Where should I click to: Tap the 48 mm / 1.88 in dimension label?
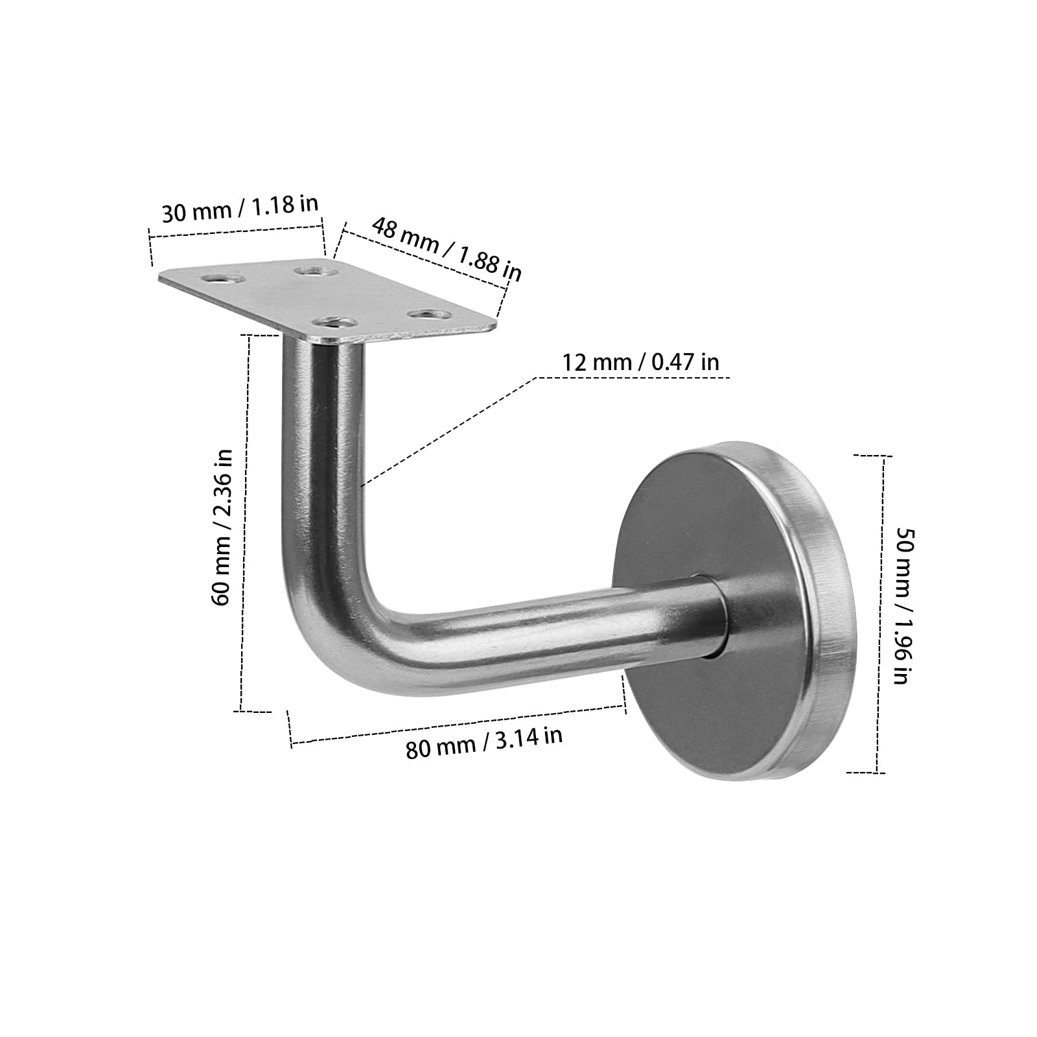pos(447,249)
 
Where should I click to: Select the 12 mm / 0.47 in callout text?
pos(640,362)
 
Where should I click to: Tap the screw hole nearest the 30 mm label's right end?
pos(313,268)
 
